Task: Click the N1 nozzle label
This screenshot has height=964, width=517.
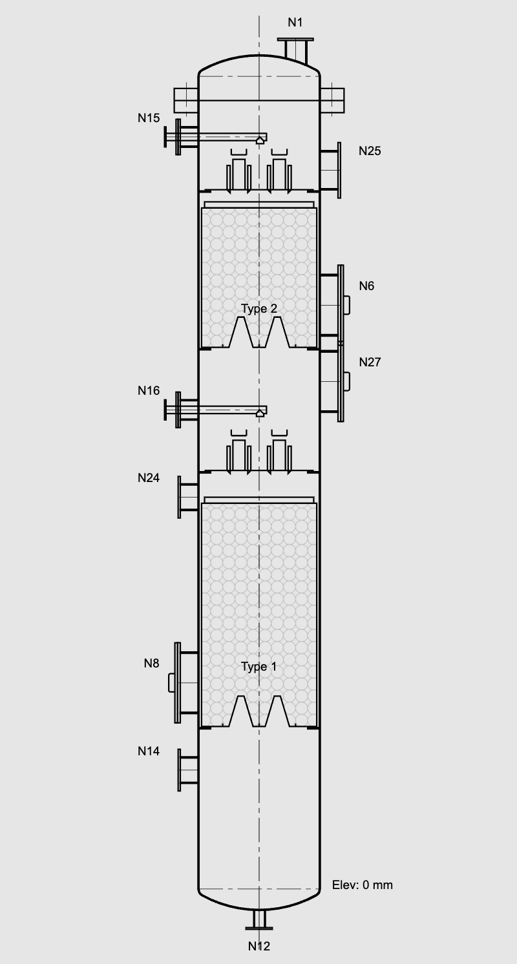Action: point(295,23)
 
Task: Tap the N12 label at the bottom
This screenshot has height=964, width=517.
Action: point(258,946)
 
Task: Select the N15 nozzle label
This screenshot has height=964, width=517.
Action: point(148,118)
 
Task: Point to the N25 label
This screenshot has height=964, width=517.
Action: point(370,151)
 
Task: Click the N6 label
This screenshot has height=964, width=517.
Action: point(366,286)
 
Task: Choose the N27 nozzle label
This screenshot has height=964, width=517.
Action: point(370,362)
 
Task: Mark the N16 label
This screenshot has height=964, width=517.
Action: point(148,391)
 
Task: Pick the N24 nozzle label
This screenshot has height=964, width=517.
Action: point(148,478)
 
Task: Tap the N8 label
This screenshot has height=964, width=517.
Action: point(151,662)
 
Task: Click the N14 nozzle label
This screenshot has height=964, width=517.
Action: point(148,751)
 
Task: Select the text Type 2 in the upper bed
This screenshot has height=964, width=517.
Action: point(259,308)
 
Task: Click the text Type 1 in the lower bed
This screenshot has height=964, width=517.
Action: point(258,667)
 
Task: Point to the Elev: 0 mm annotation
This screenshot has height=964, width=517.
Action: point(362,885)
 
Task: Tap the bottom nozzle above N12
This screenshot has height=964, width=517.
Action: point(258,919)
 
